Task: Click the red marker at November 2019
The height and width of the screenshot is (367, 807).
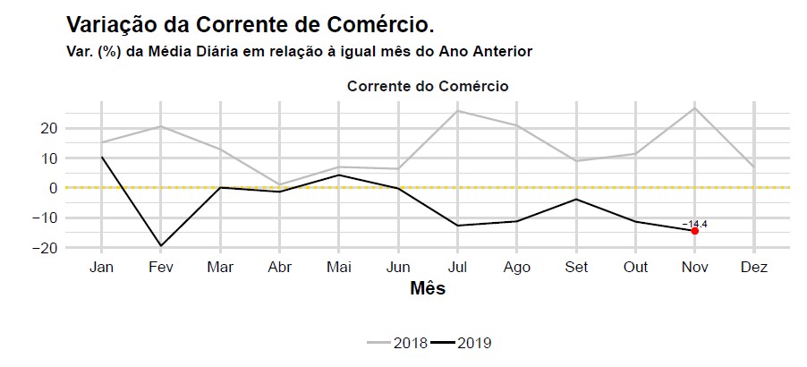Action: [694, 231]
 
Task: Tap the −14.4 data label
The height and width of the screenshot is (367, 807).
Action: [694, 224]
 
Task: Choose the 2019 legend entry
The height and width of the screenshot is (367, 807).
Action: [464, 343]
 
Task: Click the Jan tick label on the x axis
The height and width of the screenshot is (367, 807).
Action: [102, 267]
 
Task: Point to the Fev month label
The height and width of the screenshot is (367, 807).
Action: [161, 267]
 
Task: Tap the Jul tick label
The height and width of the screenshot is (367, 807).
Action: [457, 267]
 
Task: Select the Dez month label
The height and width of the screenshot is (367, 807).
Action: [753, 267]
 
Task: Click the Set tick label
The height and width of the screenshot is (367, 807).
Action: [576, 267]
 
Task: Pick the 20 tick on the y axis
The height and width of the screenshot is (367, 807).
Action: [49, 129]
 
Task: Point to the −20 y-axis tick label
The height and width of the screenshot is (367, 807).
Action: [46, 247]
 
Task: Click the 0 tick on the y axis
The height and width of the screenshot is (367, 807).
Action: [54, 188]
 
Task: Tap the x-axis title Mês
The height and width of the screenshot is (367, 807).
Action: [428, 289]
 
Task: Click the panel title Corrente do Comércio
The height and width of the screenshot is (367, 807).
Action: [428, 87]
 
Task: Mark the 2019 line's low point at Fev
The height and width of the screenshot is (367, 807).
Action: [161, 245]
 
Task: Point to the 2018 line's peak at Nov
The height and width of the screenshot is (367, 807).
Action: [694, 108]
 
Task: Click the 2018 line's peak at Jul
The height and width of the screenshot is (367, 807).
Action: [457, 111]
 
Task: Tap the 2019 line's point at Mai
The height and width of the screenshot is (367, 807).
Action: [339, 175]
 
